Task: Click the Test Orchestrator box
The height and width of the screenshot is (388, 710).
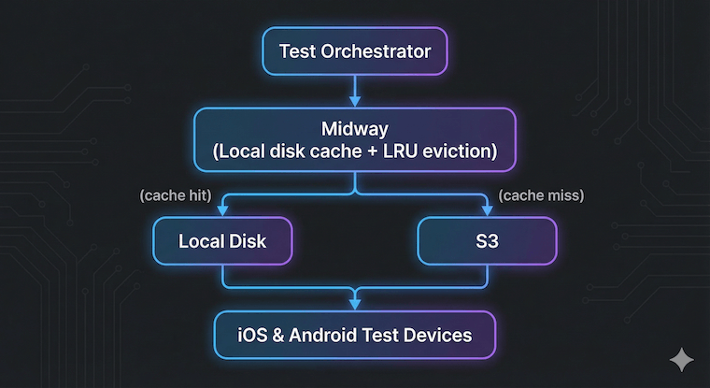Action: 354,51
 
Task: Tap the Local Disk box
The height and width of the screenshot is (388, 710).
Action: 222,241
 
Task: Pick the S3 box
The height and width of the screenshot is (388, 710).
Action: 486,241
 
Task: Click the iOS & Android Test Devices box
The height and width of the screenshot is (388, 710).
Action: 354,335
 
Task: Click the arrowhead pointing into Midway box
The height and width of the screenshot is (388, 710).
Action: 355,101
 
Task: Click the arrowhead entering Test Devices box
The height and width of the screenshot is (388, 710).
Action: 355,305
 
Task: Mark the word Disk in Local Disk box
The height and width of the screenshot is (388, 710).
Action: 248,241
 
